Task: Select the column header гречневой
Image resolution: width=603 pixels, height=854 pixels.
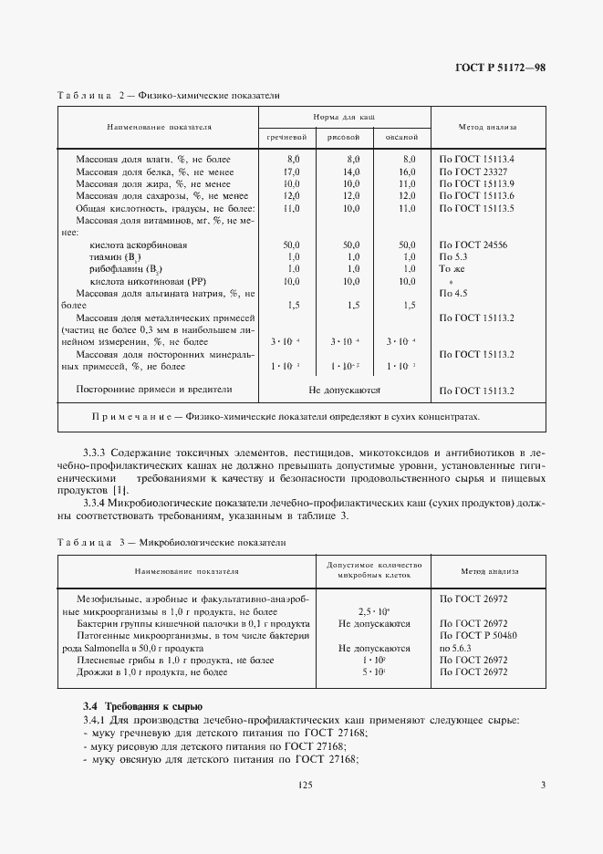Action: [x=286, y=137]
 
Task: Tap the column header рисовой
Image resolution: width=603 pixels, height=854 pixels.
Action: [x=344, y=137]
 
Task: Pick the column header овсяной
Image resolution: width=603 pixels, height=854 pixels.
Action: [x=402, y=137]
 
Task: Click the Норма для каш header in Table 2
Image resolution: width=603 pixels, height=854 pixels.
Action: [x=344, y=118]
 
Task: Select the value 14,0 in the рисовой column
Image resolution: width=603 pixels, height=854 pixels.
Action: [x=351, y=172]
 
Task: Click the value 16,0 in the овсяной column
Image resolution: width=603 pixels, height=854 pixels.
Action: [x=408, y=172]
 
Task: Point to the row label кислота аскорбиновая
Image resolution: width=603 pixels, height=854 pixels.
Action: [x=139, y=245]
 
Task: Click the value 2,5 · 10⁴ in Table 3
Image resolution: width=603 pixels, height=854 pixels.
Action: [x=351, y=611]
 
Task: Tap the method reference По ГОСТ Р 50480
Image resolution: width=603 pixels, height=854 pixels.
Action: [x=478, y=635]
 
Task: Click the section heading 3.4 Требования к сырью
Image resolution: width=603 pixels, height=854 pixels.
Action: [x=136, y=707]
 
